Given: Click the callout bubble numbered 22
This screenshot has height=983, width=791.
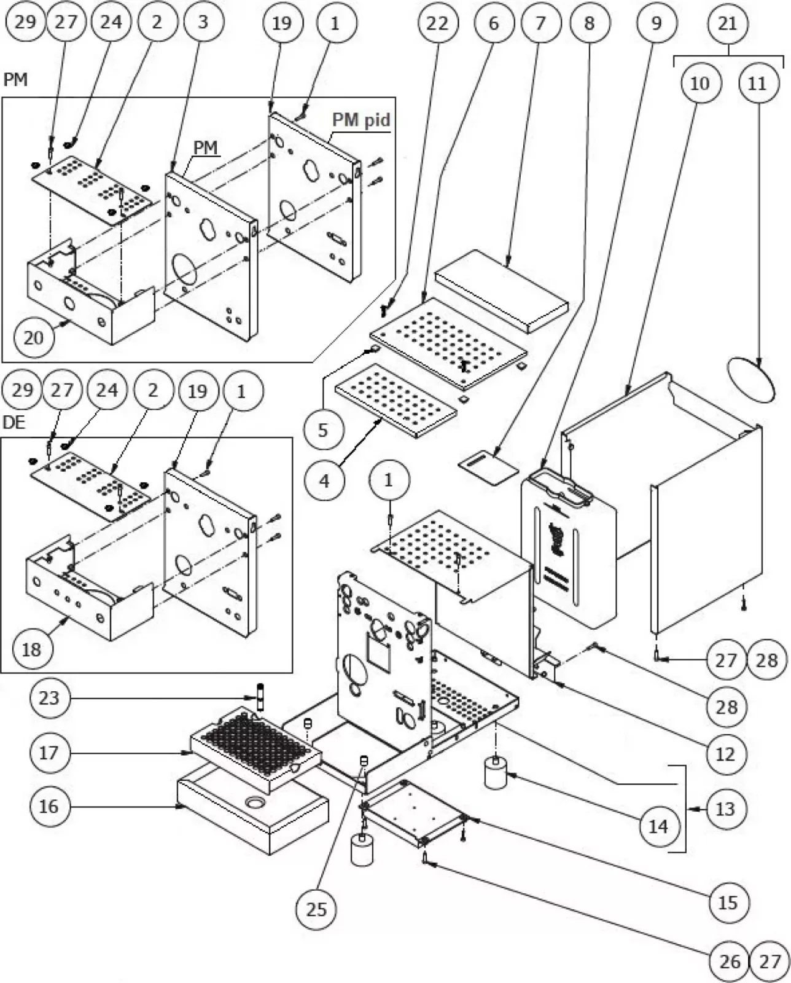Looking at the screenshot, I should [437, 23].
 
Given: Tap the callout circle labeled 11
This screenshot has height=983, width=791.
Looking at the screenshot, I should [757, 82].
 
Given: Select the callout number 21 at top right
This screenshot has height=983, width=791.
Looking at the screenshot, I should [728, 23].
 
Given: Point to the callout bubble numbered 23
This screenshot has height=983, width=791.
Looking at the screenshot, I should [49, 698].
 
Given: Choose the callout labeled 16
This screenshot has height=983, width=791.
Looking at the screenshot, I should [49, 806].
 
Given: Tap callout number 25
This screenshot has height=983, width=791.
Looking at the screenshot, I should [316, 909].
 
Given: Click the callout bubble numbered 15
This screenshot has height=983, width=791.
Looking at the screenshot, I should [728, 902].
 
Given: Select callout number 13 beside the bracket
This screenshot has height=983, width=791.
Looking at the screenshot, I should [725, 809].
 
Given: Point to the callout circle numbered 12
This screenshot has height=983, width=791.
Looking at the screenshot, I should [725, 753].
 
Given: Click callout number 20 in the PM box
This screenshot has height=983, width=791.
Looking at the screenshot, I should [33, 337].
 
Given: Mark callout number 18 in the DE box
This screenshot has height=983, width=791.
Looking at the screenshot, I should [31, 649].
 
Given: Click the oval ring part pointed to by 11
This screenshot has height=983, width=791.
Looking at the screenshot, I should [750, 380].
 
